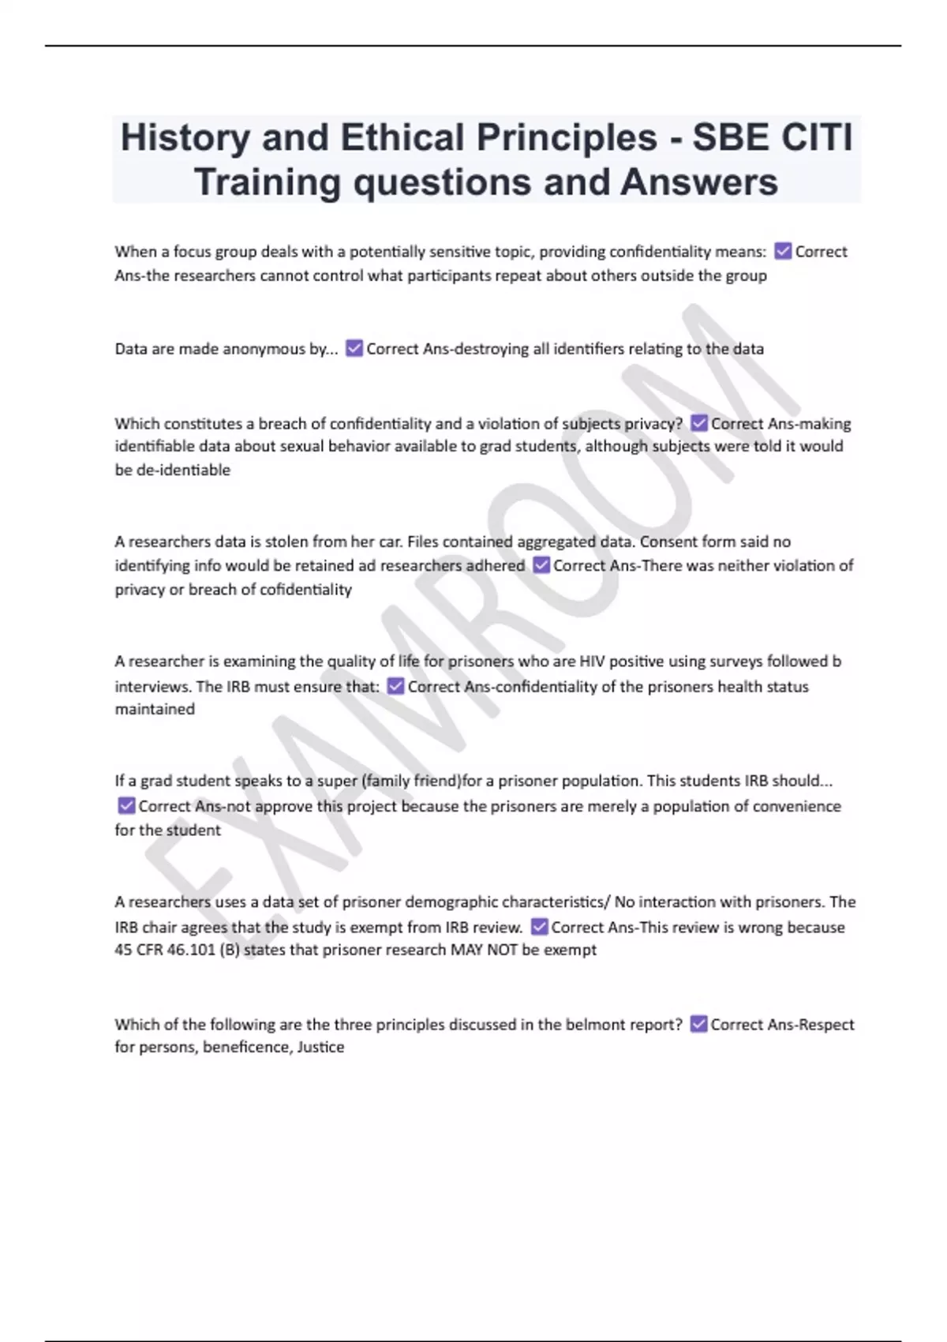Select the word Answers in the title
point(699,182)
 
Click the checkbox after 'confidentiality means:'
point(783,251)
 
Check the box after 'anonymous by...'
point(354,348)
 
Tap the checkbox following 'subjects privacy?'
point(698,423)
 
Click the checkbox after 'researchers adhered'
point(541,565)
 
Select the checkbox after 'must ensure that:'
point(395,686)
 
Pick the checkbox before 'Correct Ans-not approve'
point(126,805)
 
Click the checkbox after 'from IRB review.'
point(539,926)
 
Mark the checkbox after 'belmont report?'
point(698,1024)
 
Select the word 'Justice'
point(320,1048)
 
